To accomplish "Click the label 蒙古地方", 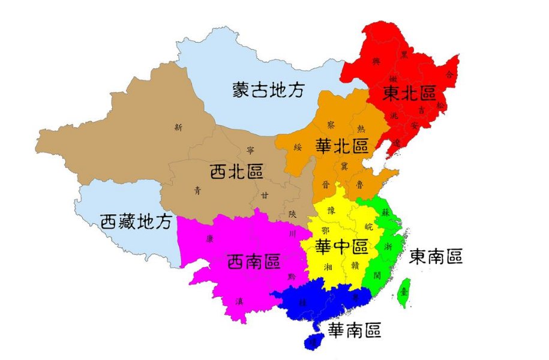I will pyautogui.click(x=269, y=90).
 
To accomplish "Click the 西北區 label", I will pyautogui.click(x=236, y=172).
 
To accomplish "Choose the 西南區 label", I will pyautogui.click(x=254, y=262).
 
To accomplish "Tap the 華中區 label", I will pyautogui.click(x=341, y=246).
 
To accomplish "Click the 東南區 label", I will pyautogui.click(x=436, y=257).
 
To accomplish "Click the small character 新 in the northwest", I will pyautogui.click(x=178, y=127).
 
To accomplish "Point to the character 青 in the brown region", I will pyautogui.click(x=197, y=191).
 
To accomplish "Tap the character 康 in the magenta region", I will pyautogui.click(x=210, y=238).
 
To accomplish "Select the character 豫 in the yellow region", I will pyautogui.click(x=331, y=210).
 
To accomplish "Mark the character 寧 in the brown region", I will pyautogui.click(x=250, y=150).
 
